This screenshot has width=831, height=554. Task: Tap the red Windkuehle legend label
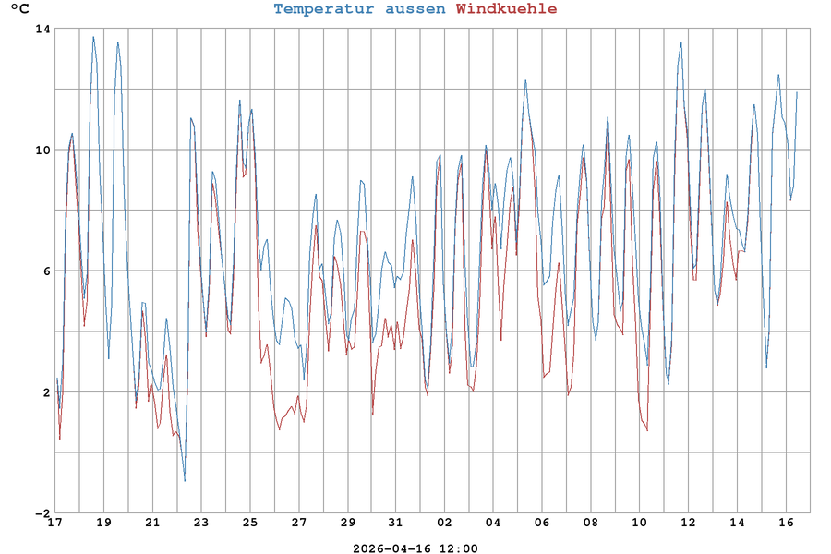click(x=507, y=9)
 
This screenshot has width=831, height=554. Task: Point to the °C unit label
click(x=19, y=9)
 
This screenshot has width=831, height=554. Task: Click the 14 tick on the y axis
click(x=42, y=29)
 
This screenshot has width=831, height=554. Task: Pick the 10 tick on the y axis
click(x=42, y=150)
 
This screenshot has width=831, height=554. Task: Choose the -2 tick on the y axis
click(x=42, y=513)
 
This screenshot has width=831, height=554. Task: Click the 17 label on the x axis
click(x=54, y=523)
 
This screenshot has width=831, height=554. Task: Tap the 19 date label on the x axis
click(x=103, y=523)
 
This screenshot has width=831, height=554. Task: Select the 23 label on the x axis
click(x=201, y=523)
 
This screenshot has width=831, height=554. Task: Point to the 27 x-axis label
click(x=299, y=523)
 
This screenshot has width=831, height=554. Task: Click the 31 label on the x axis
click(x=396, y=523)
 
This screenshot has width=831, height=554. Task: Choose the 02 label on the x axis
click(x=445, y=523)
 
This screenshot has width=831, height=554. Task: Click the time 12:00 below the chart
click(x=458, y=548)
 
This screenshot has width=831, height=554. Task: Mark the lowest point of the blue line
click(x=185, y=481)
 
